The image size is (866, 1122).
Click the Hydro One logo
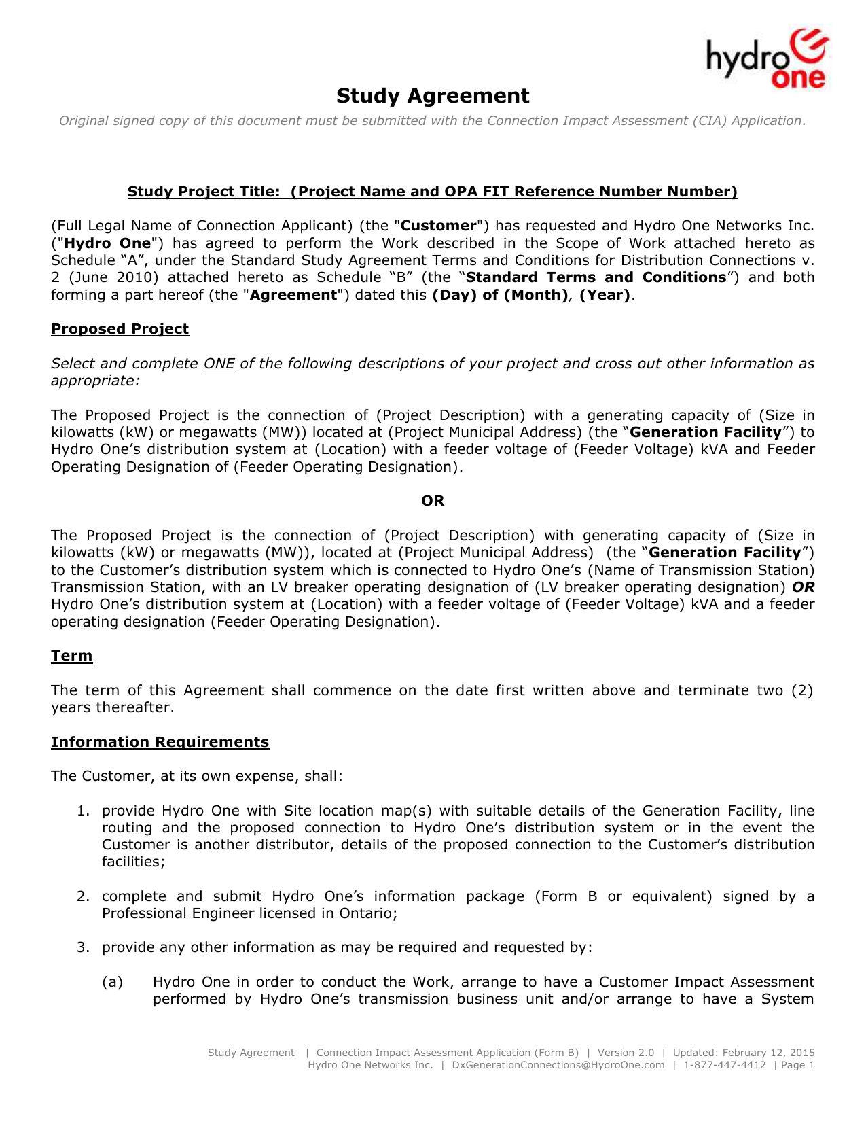pos(767,59)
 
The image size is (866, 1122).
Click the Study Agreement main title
pos(433,96)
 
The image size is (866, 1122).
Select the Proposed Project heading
pos(120,329)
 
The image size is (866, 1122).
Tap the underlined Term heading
pos(71,656)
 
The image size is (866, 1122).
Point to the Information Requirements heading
pos(160,741)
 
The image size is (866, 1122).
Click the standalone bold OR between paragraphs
pos(433,501)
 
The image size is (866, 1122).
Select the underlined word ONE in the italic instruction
pos(219,364)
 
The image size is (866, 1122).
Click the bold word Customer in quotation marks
pos(439,226)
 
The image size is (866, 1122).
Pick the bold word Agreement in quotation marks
pos(293,295)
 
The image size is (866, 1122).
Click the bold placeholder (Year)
pos(605,295)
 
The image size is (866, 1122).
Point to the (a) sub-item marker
pos(112,982)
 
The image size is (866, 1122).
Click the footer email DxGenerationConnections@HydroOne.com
pos(558,1065)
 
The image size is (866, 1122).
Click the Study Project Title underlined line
pos(433,192)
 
